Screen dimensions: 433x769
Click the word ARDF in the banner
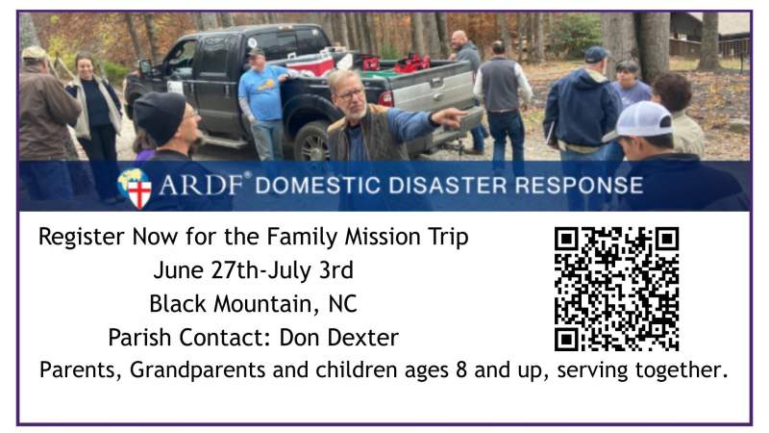pos(205,185)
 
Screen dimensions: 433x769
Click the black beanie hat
pos(159,114)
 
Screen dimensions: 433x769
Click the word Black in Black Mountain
pos(176,304)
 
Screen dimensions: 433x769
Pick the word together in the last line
pos(682,370)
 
